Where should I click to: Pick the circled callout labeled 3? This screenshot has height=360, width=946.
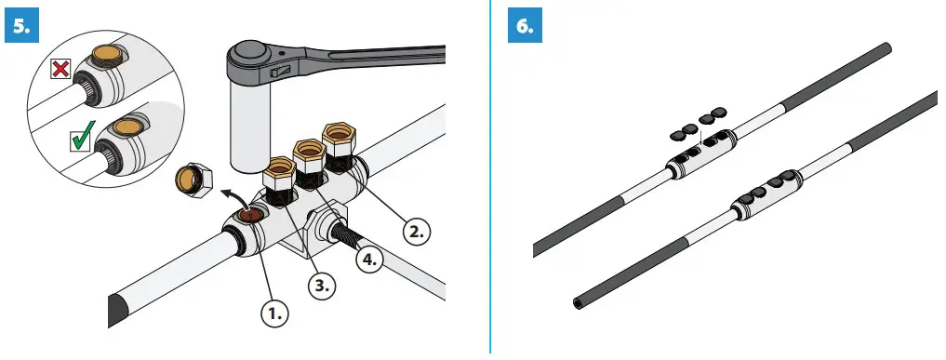322,287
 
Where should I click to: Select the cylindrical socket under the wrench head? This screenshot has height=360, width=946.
250,130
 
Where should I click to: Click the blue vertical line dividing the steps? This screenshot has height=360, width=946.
490,177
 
